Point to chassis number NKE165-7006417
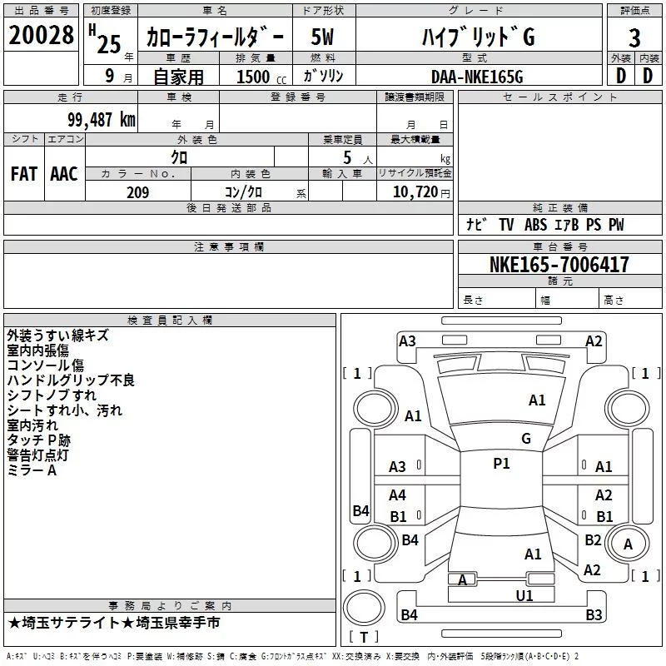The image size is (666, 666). tap(559, 265)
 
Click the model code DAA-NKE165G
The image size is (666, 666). tap(476, 77)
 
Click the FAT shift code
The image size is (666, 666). tap(23, 174)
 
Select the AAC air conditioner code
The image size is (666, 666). tap(63, 174)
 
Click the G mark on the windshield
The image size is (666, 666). tap(525, 438)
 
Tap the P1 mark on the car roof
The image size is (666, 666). tap(501, 464)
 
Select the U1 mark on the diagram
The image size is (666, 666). tap(524, 595)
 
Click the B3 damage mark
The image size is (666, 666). tap(593, 615)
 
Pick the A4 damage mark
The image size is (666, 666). tap(398, 495)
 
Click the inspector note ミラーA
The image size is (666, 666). tap(32, 470)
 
